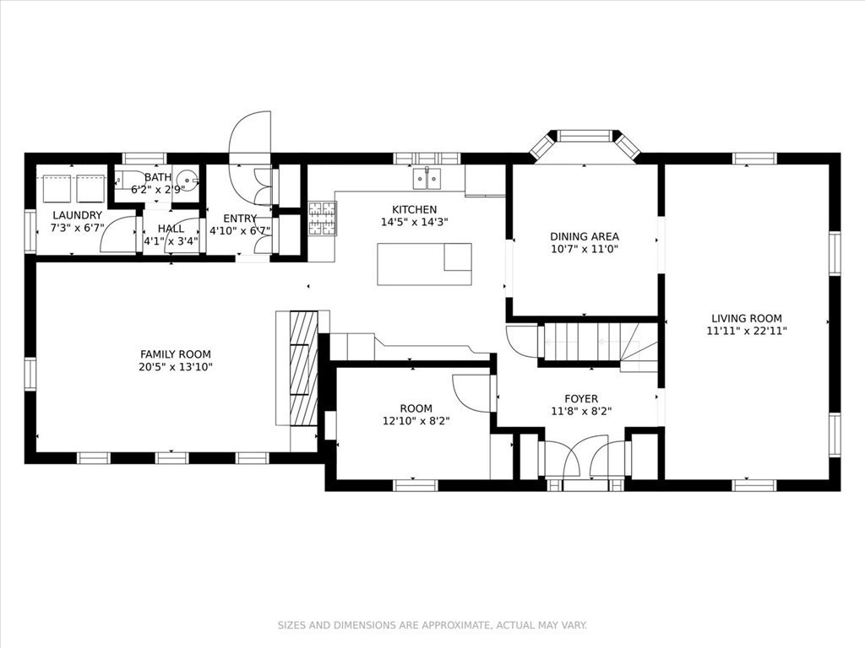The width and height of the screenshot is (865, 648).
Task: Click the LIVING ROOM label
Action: [x=747, y=318]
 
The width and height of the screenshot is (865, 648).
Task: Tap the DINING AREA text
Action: [x=585, y=236]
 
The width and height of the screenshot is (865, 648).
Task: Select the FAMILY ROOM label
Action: [x=176, y=354]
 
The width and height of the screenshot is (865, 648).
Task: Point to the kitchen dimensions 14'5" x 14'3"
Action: [x=414, y=222]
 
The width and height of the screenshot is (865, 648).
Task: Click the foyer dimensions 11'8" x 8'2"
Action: [x=581, y=411]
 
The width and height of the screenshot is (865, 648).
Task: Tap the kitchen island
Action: [x=424, y=264]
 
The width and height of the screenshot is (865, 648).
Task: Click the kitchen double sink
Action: [x=427, y=178]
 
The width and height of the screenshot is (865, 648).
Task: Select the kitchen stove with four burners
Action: [x=322, y=219]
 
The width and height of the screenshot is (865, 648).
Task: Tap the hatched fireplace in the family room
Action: [x=304, y=369]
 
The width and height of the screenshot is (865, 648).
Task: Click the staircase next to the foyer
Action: [x=599, y=345]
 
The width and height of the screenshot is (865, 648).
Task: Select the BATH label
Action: [x=158, y=177]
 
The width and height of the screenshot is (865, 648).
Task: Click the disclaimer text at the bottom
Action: [x=432, y=625]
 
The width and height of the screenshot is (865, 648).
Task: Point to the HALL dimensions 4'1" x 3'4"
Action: [x=171, y=241]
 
